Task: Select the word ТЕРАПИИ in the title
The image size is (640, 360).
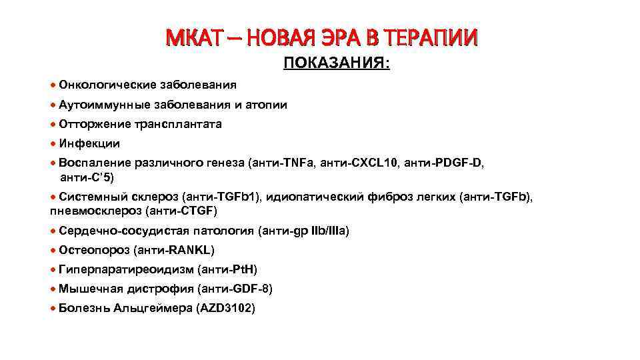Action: [437, 39]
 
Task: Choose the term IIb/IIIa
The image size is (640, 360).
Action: [323, 231]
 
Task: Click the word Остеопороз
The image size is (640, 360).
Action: [94, 250]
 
